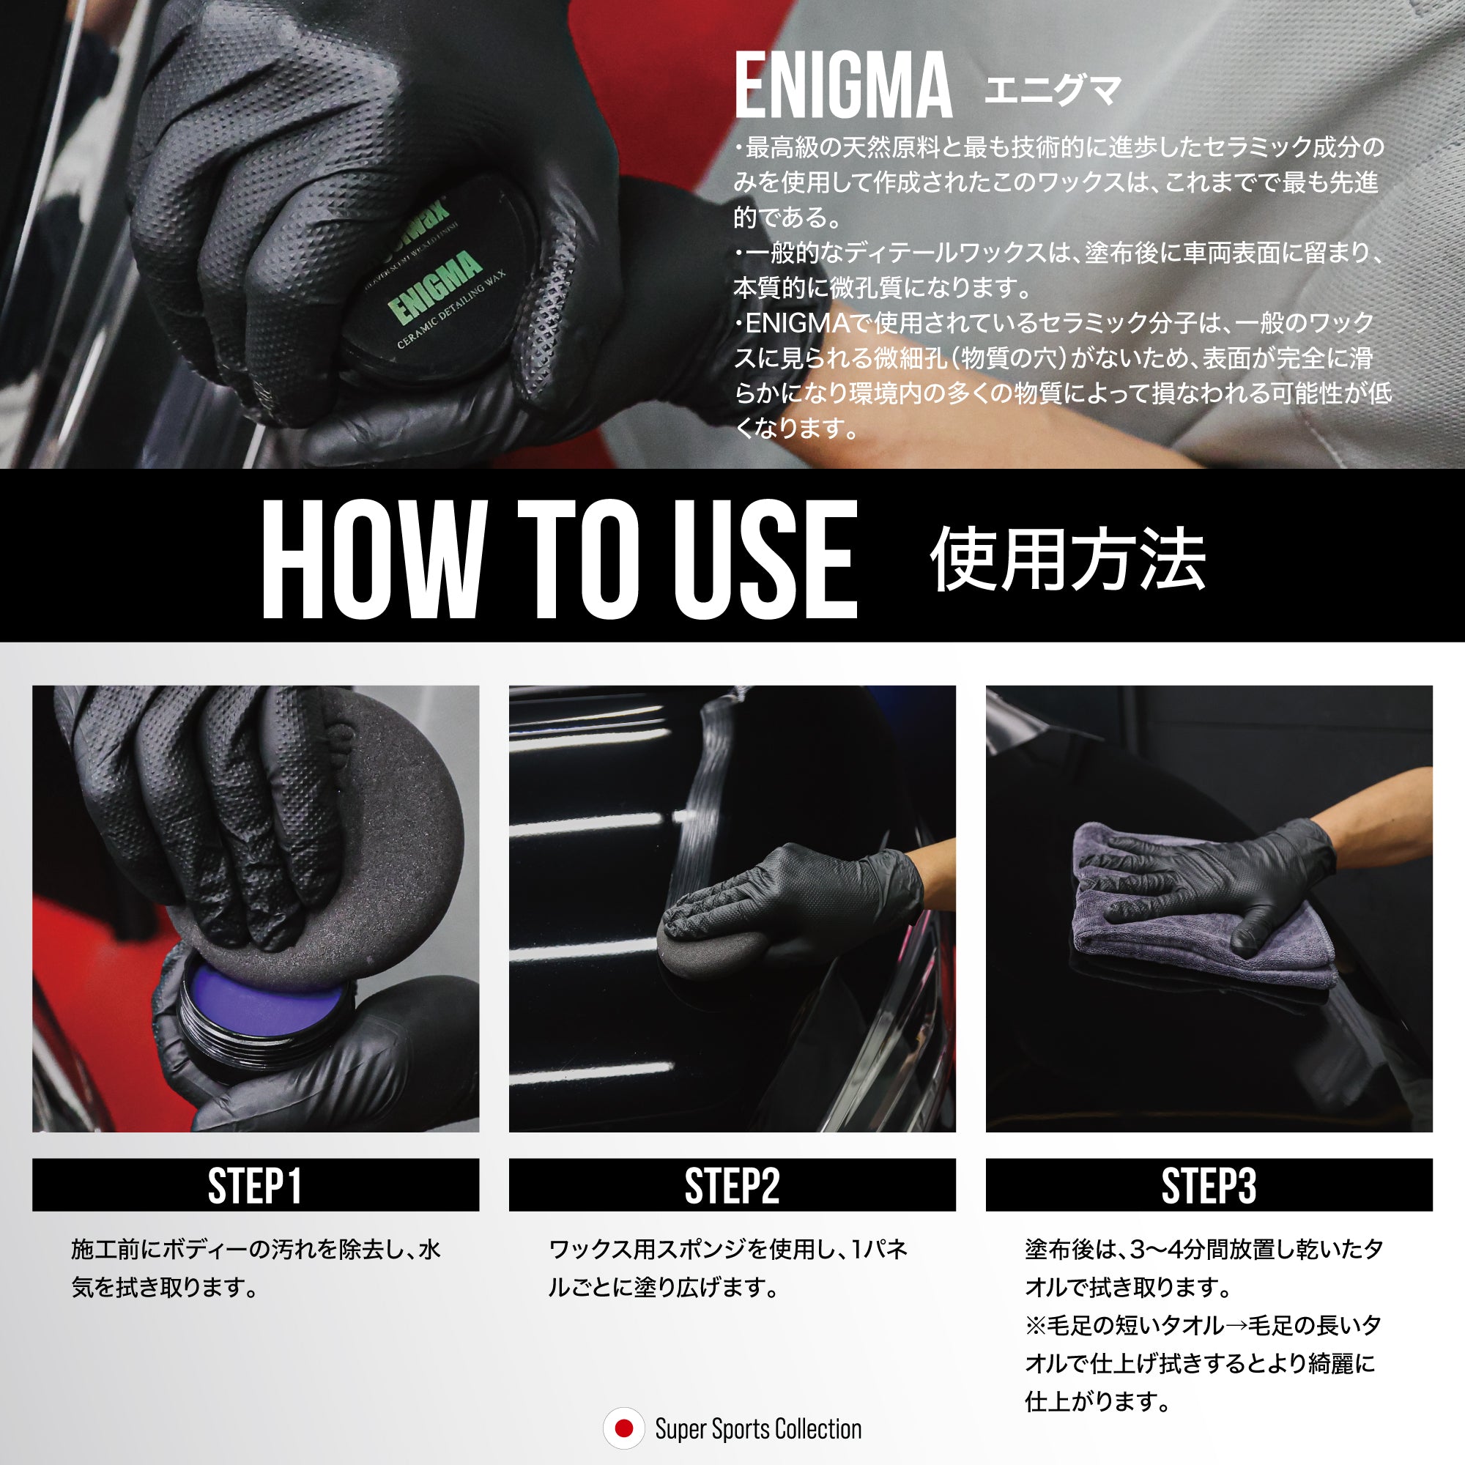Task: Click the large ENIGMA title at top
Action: click(x=843, y=86)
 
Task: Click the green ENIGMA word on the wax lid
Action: click(x=435, y=288)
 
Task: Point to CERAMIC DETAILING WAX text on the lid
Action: click(x=452, y=311)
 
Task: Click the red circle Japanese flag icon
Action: click(x=623, y=1428)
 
